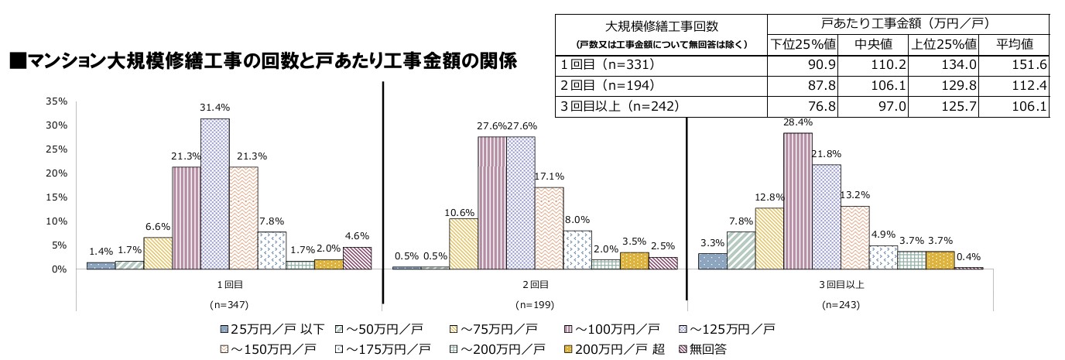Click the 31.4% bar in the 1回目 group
pyautogui.click(x=214, y=194)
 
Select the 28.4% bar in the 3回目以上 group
pyautogui.click(x=798, y=201)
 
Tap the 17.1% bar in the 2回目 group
pyautogui.click(x=549, y=228)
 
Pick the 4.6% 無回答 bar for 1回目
pyautogui.click(x=357, y=258)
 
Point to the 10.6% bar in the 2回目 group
pyautogui.click(x=463, y=243)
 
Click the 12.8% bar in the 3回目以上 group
pyautogui.click(x=769, y=238)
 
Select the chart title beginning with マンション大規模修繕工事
pyautogui.click(x=262, y=60)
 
